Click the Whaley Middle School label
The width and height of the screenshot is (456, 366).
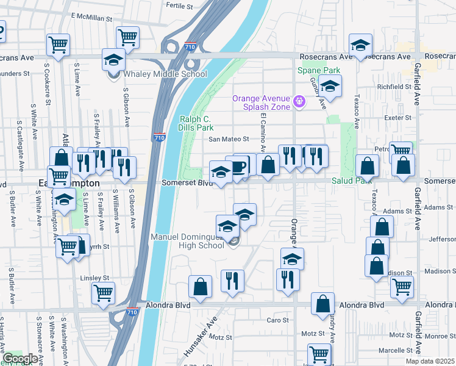point(166,74)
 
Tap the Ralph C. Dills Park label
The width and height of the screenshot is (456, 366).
point(196,124)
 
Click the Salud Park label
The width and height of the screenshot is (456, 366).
point(351,181)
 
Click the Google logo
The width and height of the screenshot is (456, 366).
point(20,359)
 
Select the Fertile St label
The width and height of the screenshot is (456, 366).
point(179,5)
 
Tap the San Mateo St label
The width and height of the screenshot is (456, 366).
point(230,139)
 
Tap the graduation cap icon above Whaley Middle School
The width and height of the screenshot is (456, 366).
point(113,60)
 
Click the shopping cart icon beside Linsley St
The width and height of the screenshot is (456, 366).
point(103,293)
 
